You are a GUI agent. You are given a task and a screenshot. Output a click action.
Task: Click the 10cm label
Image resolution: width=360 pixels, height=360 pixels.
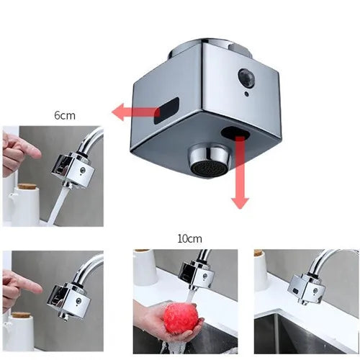(189, 238)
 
